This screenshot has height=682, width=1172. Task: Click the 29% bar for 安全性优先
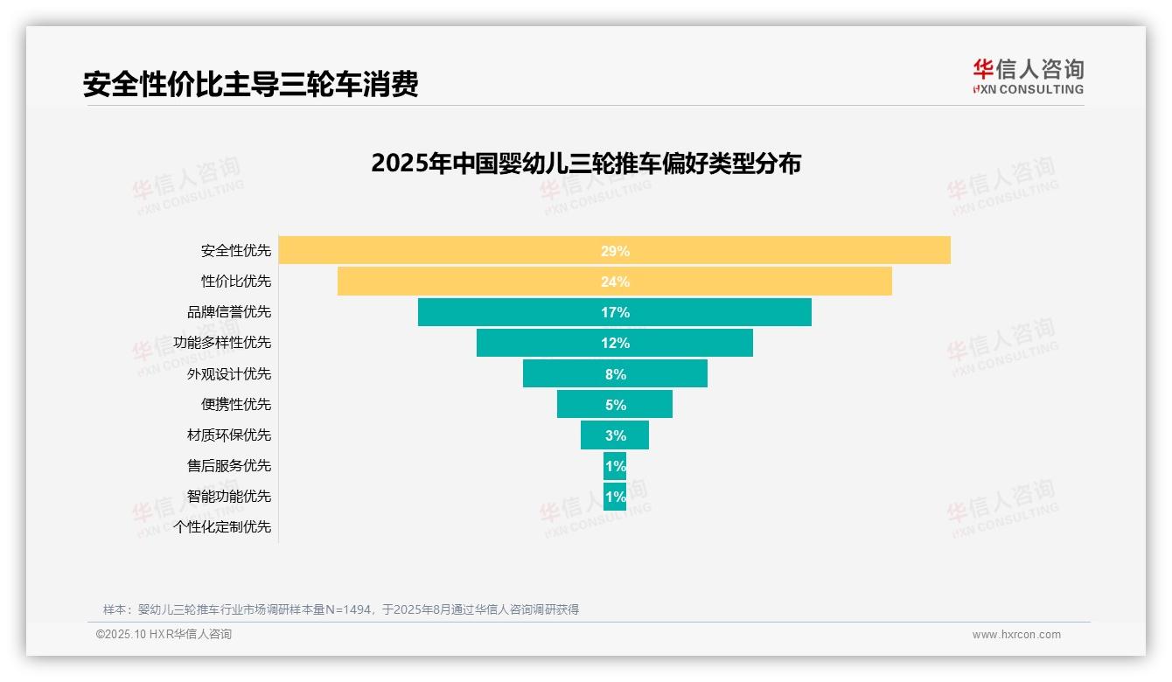(x=614, y=250)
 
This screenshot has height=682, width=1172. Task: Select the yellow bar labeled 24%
(x=614, y=282)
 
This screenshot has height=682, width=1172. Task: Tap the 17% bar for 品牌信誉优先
(x=614, y=312)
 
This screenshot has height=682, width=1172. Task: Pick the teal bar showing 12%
(x=614, y=343)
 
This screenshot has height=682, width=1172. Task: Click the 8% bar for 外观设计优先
(x=614, y=373)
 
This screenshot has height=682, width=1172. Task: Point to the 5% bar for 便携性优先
(x=614, y=404)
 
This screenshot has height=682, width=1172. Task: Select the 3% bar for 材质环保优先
(x=614, y=435)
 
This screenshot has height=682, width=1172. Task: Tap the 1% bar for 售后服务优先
(x=614, y=465)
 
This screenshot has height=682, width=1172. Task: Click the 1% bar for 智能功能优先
(x=614, y=496)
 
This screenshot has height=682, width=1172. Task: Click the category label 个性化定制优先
(x=223, y=526)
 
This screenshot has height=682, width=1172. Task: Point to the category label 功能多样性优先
(x=223, y=343)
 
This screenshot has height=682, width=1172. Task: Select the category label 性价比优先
(x=236, y=282)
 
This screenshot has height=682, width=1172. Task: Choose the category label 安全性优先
(x=236, y=251)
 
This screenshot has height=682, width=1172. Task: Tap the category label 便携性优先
(x=236, y=404)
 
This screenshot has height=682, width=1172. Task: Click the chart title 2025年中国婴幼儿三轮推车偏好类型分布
(x=585, y=164)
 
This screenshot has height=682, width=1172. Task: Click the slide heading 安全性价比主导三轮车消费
(x=250, y=84)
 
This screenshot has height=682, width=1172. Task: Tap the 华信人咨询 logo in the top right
(x=1028, y=76)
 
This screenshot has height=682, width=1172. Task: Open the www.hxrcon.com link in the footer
(x=1016, y=635)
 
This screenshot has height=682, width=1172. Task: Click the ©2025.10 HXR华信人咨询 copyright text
(x=164, y=635)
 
